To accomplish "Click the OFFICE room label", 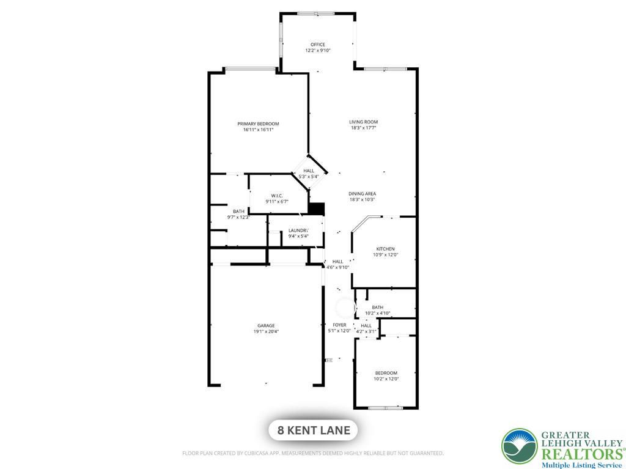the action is (x=318, y=45).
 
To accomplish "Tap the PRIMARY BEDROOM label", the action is (x=258, y=124).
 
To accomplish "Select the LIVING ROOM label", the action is (x=363, y=122).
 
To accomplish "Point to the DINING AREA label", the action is (x=362, y=194).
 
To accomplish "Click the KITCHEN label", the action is (x=385, y=249).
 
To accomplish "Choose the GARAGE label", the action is (x=266, y=325).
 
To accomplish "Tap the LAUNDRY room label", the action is (x=298, y=231).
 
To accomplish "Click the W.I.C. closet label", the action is (x=277, y=196).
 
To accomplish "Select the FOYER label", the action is (x=339, y=325).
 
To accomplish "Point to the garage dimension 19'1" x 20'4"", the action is (x=266, y=331).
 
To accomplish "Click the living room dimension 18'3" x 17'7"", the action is (x=363, y=128).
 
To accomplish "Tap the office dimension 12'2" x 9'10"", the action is (x=318, y=50).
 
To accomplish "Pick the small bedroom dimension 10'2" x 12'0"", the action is (x=386, y=379).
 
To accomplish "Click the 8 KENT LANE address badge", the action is (x=313, y=430).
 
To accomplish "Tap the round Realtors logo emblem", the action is (x=520, y=446).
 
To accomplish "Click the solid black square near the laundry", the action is (x=317, y=209).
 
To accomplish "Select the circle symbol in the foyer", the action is (x=345, y=308).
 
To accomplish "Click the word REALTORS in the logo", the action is (x=581, y=454).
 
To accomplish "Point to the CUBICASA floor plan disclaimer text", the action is (x=313, y=453).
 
